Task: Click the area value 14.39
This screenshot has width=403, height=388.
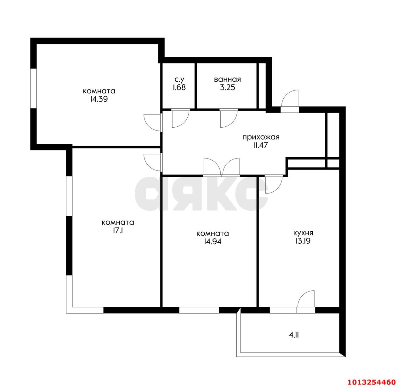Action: point(99,99)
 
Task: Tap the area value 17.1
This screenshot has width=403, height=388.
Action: point(118,231)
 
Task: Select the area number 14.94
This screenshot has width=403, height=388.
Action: point(213,242)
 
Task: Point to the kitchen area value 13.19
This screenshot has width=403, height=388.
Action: point(303,241)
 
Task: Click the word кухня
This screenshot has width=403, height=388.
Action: point(303,233)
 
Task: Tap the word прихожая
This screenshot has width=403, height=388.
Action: point(261,137)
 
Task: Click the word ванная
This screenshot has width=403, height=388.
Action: point(227,79)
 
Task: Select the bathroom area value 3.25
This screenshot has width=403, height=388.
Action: point(227,88)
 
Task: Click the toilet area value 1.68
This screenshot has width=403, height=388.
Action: point(179,88)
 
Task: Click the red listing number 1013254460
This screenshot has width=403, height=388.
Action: point(372,382)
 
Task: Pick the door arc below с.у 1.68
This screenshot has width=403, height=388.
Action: point(183,122)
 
